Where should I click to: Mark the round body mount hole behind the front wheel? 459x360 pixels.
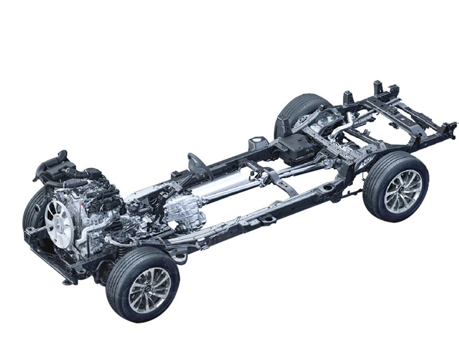180,257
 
